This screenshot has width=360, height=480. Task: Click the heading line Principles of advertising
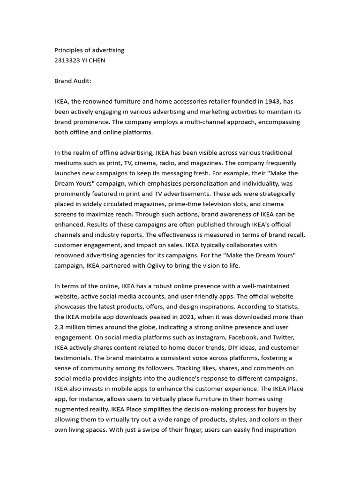pyautogui.click(x=89, y=50)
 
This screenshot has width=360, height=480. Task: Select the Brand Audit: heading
pyautogui.click(x=73, y=81)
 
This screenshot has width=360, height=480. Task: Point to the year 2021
pyautogui.click(x=183, y=317)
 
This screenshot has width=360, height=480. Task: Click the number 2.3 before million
pyautogui.click(x=60, y=327)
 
